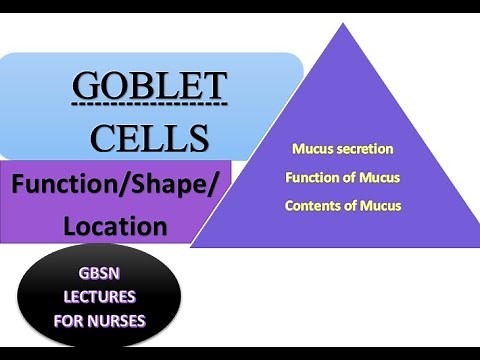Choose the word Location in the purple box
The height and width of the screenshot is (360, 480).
click(115, 226)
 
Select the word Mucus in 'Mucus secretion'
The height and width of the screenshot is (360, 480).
click(311, 149)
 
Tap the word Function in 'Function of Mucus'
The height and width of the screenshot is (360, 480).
click(315, 178)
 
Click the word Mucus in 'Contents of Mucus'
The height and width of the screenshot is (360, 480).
click(381, 206)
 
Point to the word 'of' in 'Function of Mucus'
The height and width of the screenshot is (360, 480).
click(355, 178)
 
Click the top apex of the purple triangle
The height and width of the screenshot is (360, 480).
click(343, 24)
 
